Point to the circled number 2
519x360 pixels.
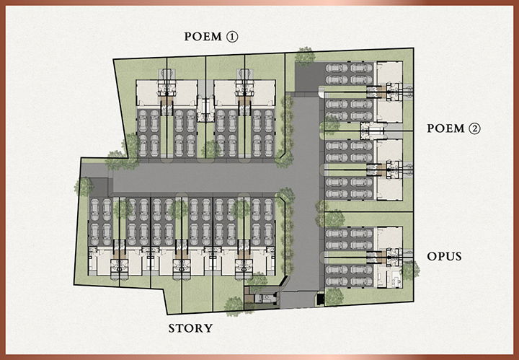click(474, 130)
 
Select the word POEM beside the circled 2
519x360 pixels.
click(444, 130)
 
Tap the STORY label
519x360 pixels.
click(190, 328)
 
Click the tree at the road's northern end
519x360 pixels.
click(305, 55)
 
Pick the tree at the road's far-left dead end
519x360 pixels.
click(84, 186)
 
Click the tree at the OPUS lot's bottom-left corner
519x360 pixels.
click(333, 295)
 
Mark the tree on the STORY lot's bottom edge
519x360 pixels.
click(233, 305)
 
